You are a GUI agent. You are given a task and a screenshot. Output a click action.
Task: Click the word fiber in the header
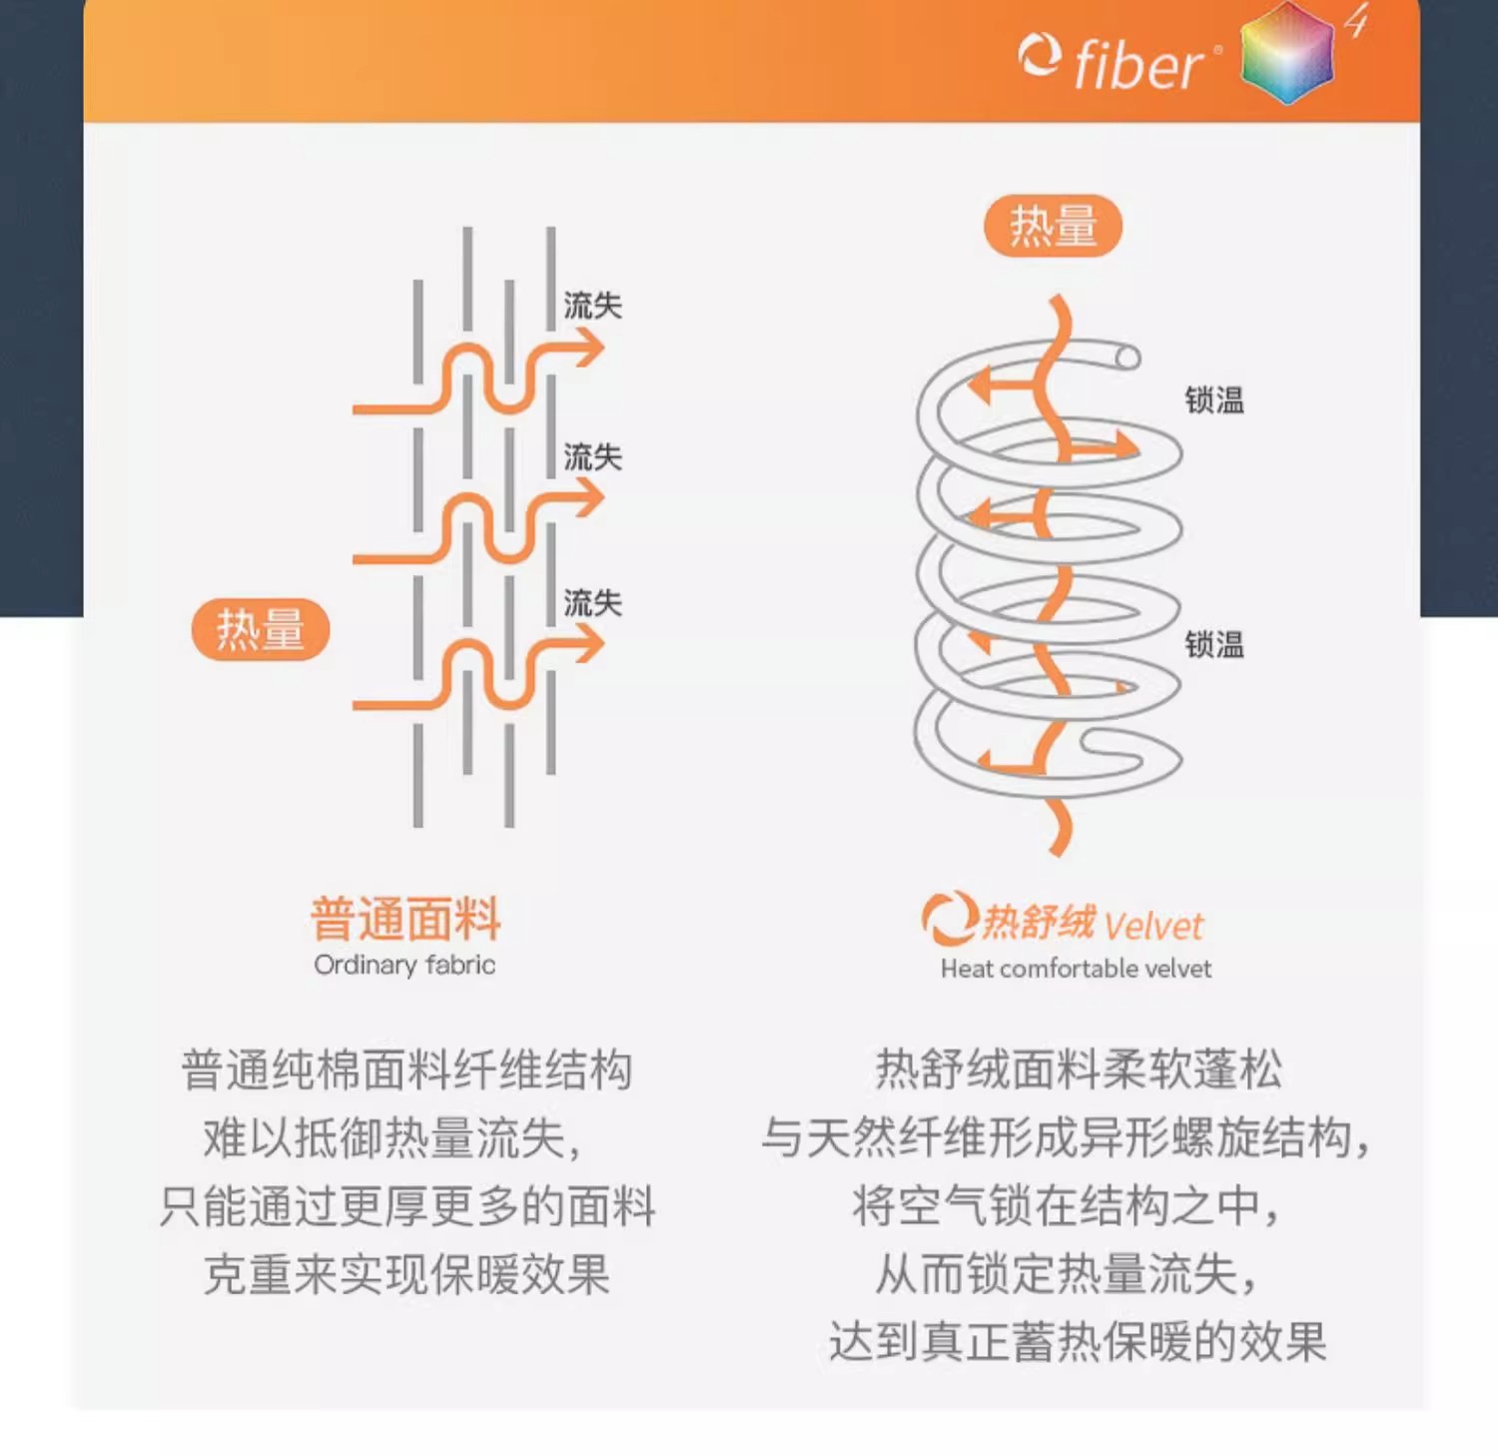(1138, 66)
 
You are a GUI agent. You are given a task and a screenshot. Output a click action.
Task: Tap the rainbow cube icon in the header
(1287, 53)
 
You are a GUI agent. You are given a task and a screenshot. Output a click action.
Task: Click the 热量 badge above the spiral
(1053, 226)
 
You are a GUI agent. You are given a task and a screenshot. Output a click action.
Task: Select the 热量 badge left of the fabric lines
(260, 629)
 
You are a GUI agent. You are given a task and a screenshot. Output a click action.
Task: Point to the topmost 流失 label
(592, 306)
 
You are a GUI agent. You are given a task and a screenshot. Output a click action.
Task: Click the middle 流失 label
(592, 457)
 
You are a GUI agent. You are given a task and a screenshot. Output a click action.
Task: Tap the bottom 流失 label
(592, 603)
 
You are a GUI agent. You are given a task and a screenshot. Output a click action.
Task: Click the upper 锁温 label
(1214, 400)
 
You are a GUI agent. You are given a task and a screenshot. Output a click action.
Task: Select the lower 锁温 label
(1214, 645)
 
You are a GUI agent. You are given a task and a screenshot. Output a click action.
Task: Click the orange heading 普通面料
(405, 919)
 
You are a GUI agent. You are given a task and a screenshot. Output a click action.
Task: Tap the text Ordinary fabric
(404, 965)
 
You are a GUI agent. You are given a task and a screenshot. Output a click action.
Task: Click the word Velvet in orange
(1153, 927)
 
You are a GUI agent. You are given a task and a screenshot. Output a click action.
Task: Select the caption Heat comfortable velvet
(1076, 969)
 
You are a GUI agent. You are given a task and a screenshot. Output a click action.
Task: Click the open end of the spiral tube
(1127, 358)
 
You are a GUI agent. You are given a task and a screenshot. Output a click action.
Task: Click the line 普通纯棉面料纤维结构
(405, 1070)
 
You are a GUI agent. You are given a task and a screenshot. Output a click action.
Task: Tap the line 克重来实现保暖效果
(405, 1274)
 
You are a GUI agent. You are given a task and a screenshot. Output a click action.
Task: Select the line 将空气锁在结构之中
(1065, 1206)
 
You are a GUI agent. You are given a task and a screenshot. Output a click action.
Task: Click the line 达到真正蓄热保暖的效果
(1077, 1342)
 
